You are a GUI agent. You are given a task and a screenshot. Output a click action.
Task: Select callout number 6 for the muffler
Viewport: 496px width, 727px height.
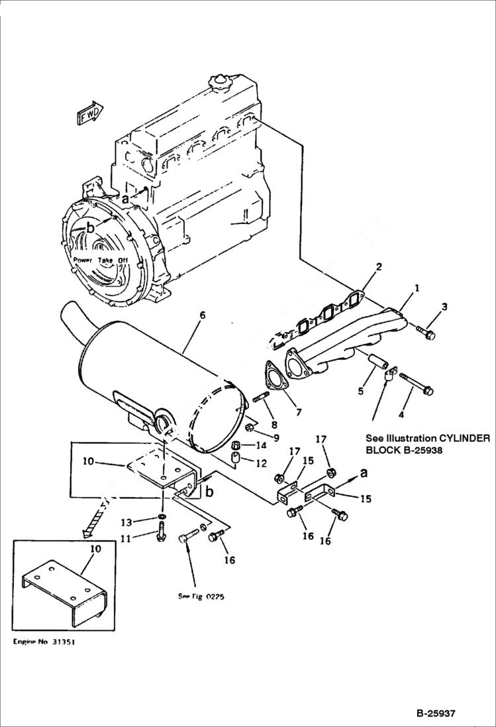202,314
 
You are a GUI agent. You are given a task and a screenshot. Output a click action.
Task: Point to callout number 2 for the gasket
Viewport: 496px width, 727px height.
378,267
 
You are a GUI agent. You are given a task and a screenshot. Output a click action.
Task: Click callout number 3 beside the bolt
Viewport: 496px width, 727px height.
444,307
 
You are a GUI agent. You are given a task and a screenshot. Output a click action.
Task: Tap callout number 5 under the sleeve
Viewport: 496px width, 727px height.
361,391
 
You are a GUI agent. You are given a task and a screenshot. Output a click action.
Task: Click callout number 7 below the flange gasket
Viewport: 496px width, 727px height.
298,412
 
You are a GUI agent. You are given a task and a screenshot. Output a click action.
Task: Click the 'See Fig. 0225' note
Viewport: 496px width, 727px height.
201,596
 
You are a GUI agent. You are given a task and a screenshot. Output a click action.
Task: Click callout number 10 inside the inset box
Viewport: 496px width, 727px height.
95,549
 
